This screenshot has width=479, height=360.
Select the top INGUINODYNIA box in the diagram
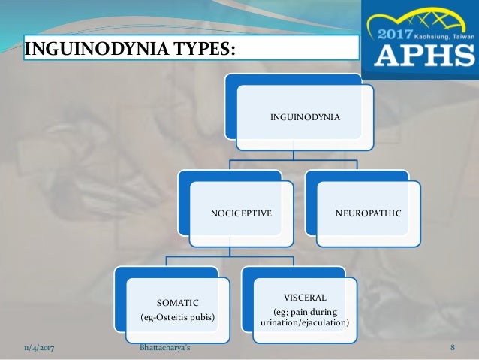305,117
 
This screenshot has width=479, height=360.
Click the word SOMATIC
177,301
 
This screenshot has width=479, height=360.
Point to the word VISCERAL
304,297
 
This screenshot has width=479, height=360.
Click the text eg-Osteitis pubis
177,317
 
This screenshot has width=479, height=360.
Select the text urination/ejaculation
304,322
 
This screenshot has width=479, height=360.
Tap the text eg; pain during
304,312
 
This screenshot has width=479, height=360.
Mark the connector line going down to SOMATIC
166,262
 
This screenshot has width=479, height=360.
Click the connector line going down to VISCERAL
293,262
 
